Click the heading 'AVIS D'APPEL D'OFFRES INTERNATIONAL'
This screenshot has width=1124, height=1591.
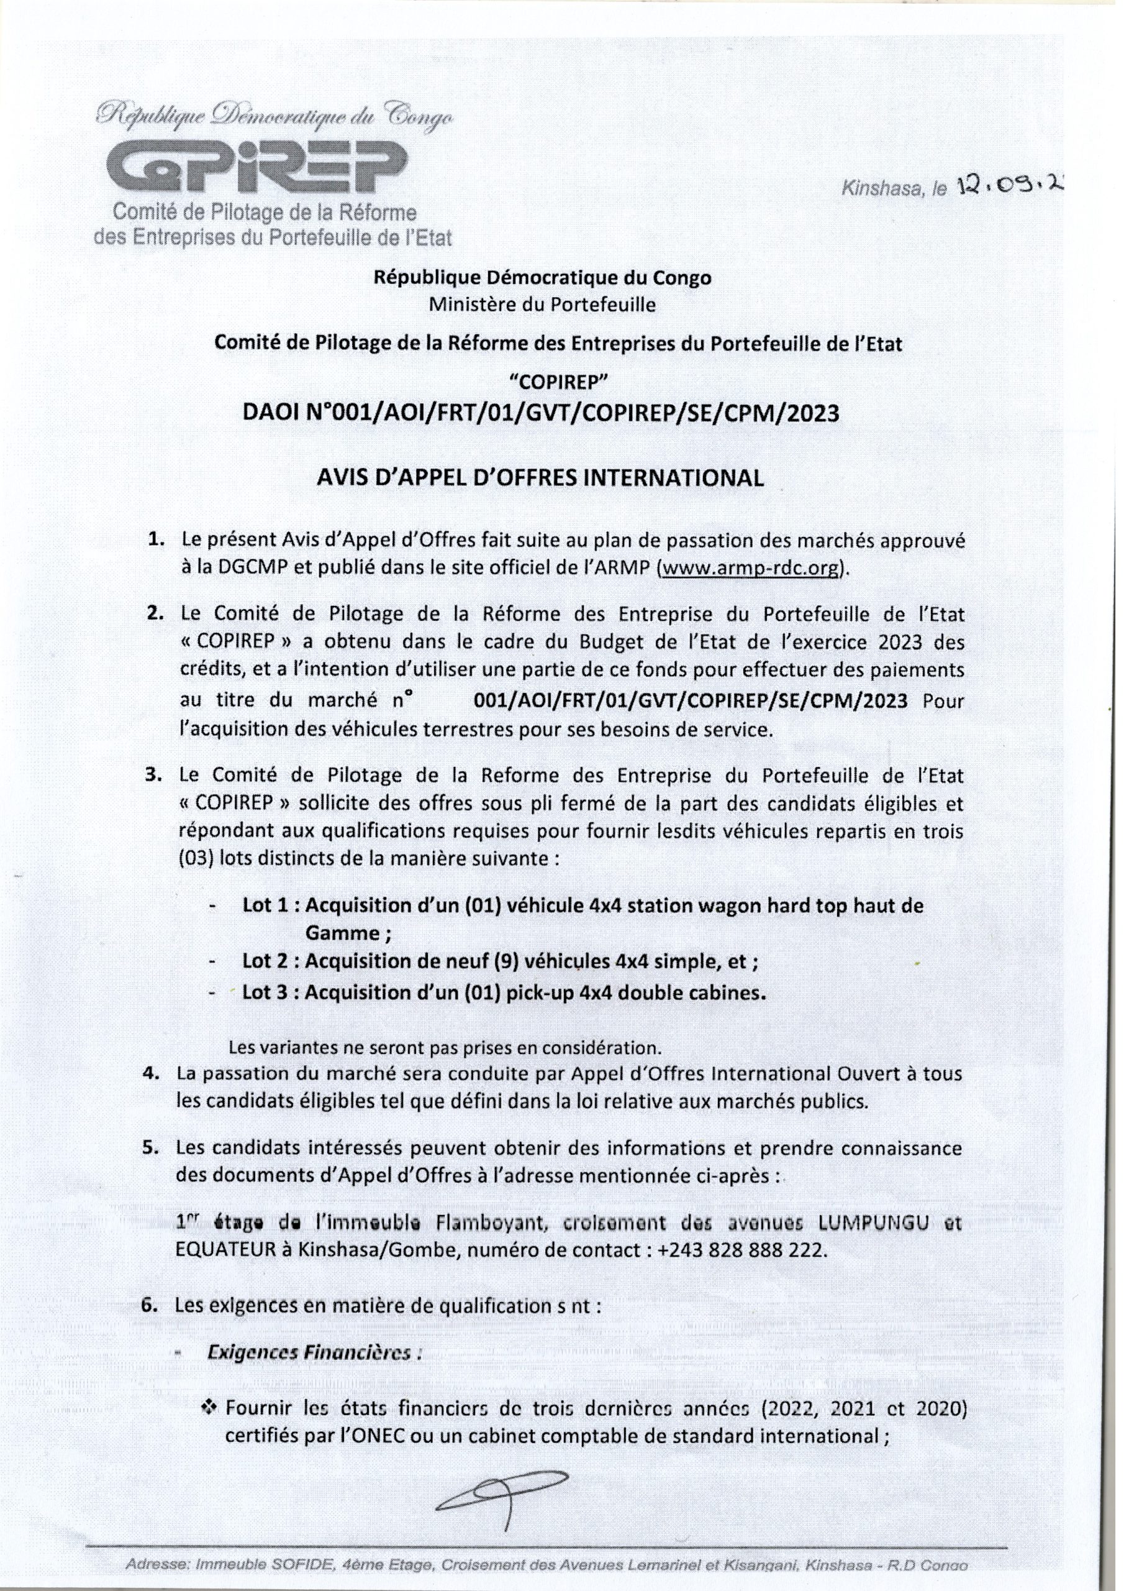coord(540,478)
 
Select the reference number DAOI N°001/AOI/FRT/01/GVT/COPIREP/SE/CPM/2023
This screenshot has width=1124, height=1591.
coord(541,413)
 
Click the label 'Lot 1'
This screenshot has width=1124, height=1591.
coord(265,906)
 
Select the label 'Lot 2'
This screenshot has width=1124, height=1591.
coord(265,961)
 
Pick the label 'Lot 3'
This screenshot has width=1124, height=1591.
coord(265,993)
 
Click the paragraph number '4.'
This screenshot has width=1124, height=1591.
coord(151,1073)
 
